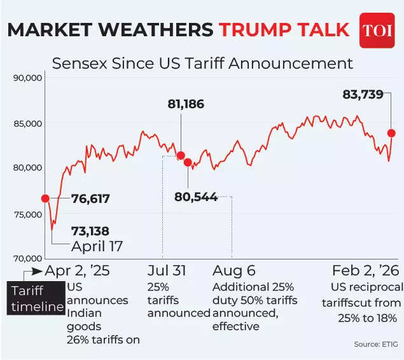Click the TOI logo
377,30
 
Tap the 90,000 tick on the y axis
27,78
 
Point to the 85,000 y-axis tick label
27,123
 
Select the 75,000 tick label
27,214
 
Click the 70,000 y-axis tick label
27,258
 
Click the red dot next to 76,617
45,198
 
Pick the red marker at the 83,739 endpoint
392,133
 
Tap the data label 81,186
186,104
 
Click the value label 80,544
196,197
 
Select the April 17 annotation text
97,246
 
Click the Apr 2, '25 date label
78,270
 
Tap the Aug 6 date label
233,270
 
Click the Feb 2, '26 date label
365,270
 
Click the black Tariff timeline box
38,299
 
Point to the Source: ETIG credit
377,344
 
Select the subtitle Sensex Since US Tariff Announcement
202,64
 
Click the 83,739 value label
363,95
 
